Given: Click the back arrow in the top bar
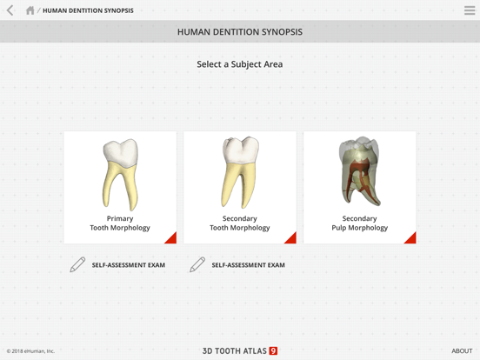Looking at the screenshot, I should pyautogui.click(x=10, y=10).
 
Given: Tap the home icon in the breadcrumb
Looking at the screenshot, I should pyautogui.click(x=30, y=10).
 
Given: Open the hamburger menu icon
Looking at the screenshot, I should pyautogui.click(x=470, y=10).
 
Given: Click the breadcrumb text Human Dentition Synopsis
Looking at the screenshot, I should pyautogui.click(x=88, y=10).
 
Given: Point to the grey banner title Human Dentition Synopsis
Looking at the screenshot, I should pyautogui.click(x=240, y=32).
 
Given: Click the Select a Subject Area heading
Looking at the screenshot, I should pyautogui.click(x=240, y=64).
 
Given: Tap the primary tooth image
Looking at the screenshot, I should pyautogui.click(x=120, y=173).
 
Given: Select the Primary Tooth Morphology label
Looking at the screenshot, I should pyautogui.click(x=120, y=223).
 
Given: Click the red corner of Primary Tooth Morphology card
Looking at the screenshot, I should pyautogui.click(x=171, y=238).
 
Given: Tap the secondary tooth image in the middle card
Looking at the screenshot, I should pyautogui.click(x=239, y=173).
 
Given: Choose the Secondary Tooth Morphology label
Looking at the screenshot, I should pyautogui.click(x=240, y=223).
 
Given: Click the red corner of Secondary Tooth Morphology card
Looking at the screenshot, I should pyautogui.click(x=291, y=238).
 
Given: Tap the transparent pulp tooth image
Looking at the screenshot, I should pyautogui.click(x=359, y=171).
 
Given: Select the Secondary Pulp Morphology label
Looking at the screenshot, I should pyautogui.click(x=360, y=223).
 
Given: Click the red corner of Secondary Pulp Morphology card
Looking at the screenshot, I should pyautogui.click(x=410, y=238).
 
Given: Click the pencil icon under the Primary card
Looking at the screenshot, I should pyautogui.click(x=77, y=264).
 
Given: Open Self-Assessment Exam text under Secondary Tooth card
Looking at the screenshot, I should pyautogui.click(x=249, y=265).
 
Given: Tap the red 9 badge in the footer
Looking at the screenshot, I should pyautogui.click(x=273, y=351).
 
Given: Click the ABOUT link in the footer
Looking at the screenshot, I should pyautogui.click(x=462, y=351).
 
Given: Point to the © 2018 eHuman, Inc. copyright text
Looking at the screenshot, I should pyautogui.click(x=30, y=351).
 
